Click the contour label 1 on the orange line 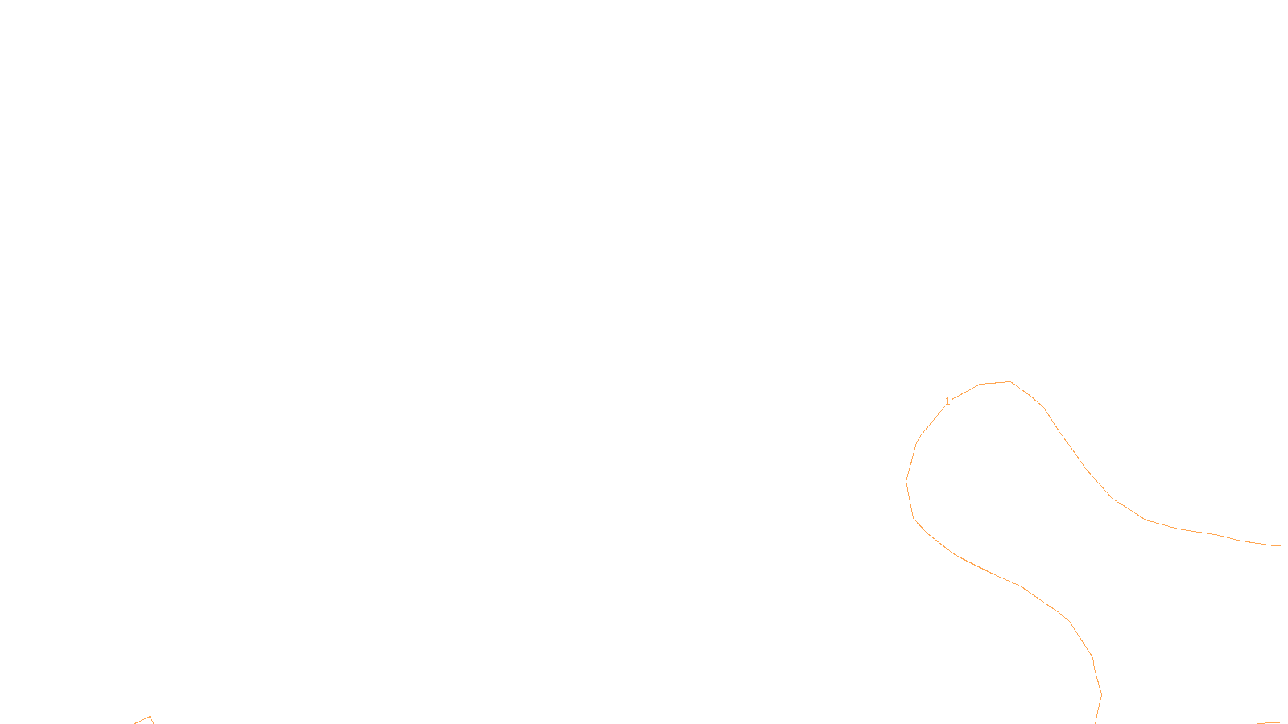pos(947,401)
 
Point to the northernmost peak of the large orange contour pos(1009,381)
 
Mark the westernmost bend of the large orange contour pos(906,481)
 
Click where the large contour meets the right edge pos(1286,545)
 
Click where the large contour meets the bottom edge pos(1096,722)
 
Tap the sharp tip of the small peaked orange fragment pos(150,717)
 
